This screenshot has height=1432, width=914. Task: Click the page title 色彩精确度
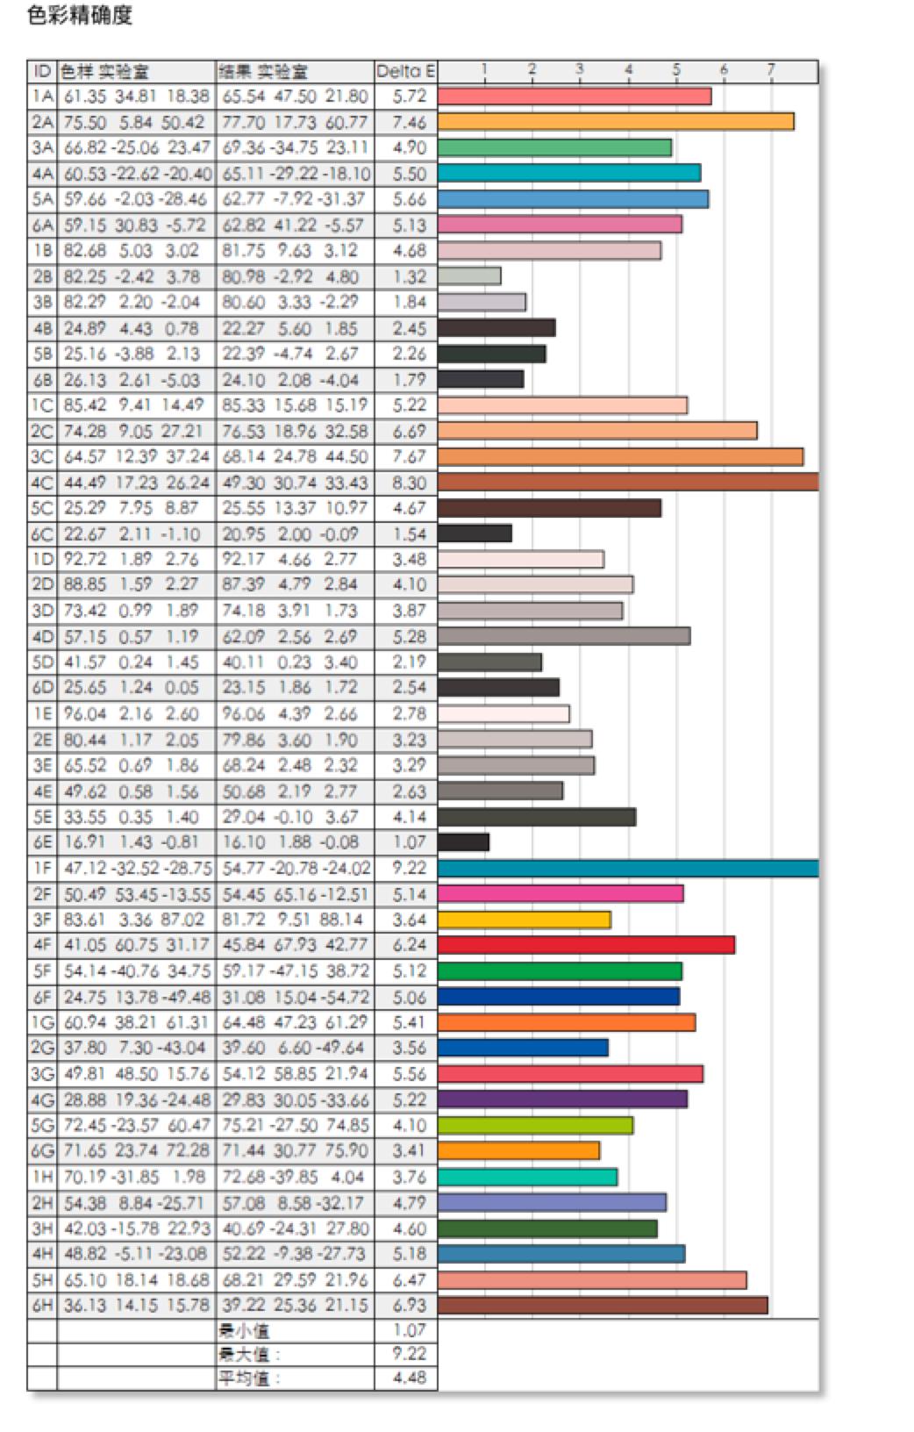[80, 16]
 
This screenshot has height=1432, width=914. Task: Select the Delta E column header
[405, 71]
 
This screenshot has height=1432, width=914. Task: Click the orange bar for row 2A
[615, 122]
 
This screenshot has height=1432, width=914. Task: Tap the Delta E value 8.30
[409, 483]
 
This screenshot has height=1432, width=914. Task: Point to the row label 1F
[42, 869]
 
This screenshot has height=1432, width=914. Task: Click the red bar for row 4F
[585, 945]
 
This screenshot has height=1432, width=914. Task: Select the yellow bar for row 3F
[524, 920]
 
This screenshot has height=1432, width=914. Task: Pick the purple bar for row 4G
[561, 1099]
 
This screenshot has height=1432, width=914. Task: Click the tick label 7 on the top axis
[771, 69]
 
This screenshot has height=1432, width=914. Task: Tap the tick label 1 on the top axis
[484, 69]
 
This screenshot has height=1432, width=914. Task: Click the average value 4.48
[409, 1378]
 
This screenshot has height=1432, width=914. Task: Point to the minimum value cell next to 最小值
[409, 1330]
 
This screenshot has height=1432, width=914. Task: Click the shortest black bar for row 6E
[463, 842]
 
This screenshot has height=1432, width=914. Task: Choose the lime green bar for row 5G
[534, 1125]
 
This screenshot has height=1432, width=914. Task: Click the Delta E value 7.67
[409, 457]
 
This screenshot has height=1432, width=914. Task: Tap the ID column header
[42, 71]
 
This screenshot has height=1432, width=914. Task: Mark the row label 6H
[42, 1306]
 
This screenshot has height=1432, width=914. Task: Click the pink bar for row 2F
[560, 894]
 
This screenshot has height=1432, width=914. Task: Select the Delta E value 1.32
[409, 276]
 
